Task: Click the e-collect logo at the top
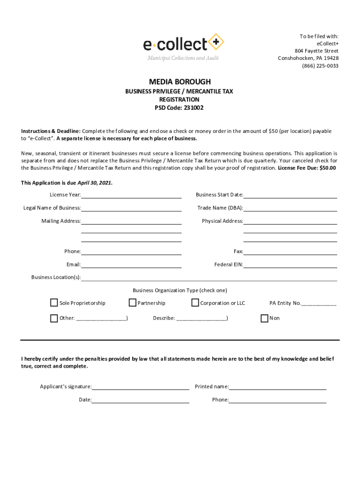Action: click(x=183, y=46)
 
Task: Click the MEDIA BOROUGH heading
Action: click(x=180, y=82)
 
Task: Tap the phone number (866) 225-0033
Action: click(x=320, y=66)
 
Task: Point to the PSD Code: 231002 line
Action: click(x=179, y=108)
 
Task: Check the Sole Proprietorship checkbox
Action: click(x=54, y=303)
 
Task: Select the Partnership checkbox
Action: click(x=132, y=303)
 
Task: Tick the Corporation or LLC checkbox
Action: click(x=195, y=303)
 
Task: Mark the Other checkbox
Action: click(x=54, y=318)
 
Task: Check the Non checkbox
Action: click(x=264, y=318)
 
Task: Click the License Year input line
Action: click(x=131, y=196)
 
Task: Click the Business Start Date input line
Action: click(x=290, y=196)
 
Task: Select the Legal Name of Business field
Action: click(x=131, y=209)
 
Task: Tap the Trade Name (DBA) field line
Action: click(x=290, y=209)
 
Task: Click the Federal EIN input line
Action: click(x=290, y=265)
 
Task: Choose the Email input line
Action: click(x=131, y=265)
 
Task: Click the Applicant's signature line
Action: click(x=140, y=387)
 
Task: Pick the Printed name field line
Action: click(x=277, y=387)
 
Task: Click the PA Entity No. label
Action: click(x=285, y=303)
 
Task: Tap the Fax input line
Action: click(x=290, y=252)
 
